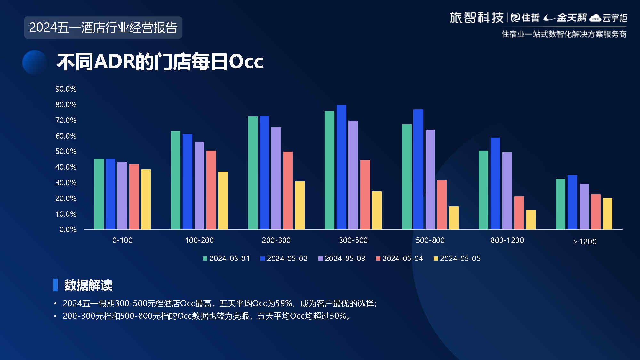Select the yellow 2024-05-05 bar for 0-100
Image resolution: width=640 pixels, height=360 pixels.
(x=146, y=199)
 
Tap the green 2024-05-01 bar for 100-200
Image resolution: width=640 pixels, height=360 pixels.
(x=176, y=180)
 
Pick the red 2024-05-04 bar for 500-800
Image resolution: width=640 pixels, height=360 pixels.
(x=442, y=205)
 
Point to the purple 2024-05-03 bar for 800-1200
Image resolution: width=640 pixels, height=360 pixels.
(x=507, y=191)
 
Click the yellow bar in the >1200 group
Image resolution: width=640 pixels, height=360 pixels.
(x=608, y=214)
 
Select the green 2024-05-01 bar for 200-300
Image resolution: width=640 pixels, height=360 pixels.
(x=253, y=173)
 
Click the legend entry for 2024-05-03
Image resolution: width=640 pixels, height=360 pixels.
(x=342, y=259)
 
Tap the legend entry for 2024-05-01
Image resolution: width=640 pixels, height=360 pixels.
(x=226, y=259)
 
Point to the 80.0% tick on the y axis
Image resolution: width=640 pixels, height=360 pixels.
(x=66, y=105)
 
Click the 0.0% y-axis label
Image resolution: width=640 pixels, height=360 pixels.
(x=68, y=229)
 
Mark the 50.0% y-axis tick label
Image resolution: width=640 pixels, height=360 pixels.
(x=66, y=151)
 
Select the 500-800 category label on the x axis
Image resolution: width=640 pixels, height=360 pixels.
(x=430, y=240)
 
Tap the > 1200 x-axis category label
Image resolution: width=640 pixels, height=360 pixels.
(x=585, y=242)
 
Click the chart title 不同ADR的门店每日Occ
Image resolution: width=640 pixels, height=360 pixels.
(x=160, y=61)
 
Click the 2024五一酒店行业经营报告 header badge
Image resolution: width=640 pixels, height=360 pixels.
(x=103, y=28)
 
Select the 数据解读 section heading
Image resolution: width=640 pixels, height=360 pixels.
(x=88, y=285)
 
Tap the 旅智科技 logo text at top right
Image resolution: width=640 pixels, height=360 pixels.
(x=476, y=18)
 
